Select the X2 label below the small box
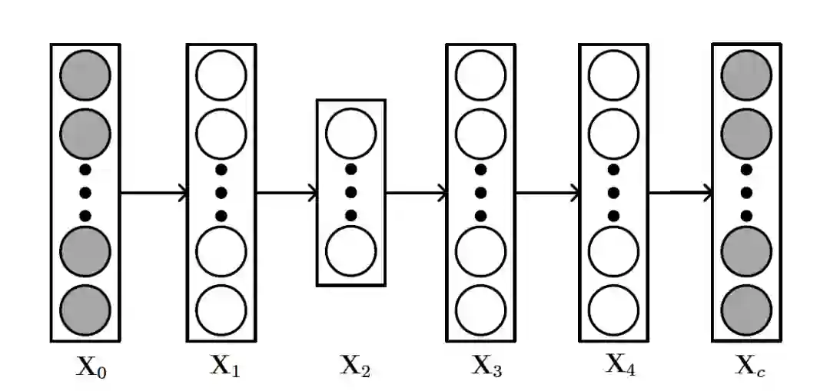(355, 367)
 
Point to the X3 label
(486, 367)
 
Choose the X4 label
(619, 363)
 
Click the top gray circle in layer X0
(85, 75)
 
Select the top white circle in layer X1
(221, 75)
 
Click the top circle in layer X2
(351, 132)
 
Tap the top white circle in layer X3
(481, 75)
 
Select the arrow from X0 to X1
(154, 192)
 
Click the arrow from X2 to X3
(416, 193)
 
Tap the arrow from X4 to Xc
(681, 193)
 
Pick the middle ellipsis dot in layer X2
(351, 192)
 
